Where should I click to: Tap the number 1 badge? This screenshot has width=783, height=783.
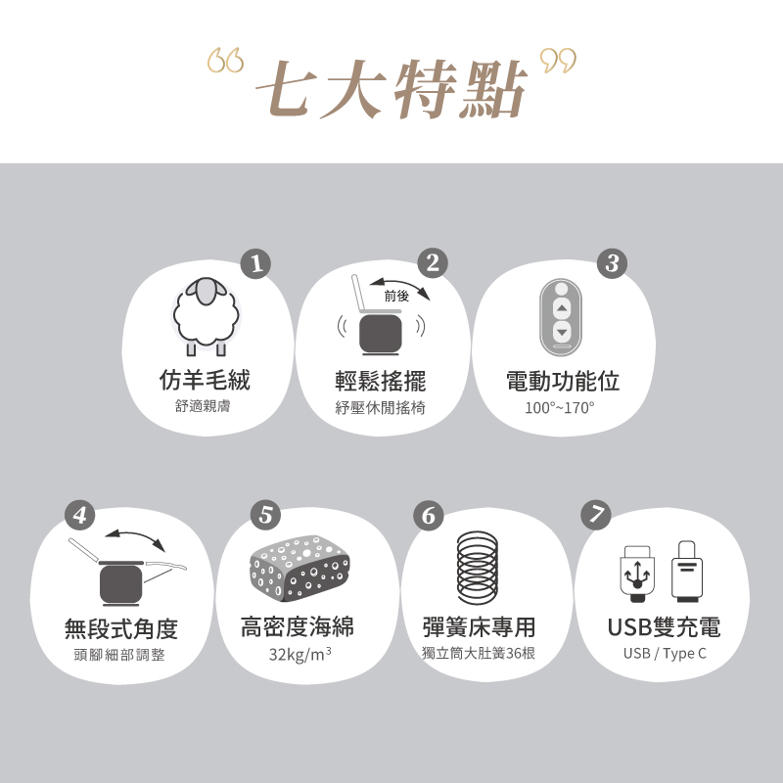point(255,264)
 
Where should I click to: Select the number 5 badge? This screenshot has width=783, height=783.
point(265,515)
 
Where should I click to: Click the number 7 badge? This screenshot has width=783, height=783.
point(596,515)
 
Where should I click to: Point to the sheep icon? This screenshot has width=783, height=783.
point(206,315)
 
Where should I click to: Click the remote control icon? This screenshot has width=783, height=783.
point(561,317)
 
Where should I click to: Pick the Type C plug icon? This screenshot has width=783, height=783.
point(687,571)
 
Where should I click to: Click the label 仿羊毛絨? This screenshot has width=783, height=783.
point(205,381)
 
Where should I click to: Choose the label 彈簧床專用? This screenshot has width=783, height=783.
point(479,626)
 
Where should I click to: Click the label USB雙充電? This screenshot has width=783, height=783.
point(664,627)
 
